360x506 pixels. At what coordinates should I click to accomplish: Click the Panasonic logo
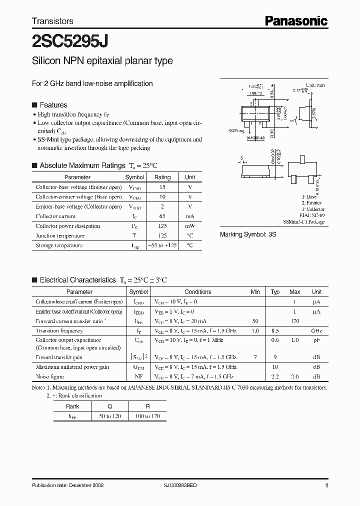[295, 20]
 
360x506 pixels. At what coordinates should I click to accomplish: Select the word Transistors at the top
[52, 21]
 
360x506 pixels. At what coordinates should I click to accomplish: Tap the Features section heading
[53, 105]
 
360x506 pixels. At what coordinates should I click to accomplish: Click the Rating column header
[162, 177]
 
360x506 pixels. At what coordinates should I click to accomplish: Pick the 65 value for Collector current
[162, 216]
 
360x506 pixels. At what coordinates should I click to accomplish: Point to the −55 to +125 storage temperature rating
[162, 245]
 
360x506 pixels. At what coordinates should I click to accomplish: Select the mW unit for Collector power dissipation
[190, 226]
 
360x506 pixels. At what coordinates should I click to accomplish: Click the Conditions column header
[197, 292]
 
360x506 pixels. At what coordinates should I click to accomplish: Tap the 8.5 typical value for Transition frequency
[275, 331]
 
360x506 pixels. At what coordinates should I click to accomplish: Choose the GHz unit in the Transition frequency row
[316, 331]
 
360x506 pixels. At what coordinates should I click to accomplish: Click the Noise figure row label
[50, 376]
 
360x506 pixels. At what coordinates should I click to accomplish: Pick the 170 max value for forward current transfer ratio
[294, 321]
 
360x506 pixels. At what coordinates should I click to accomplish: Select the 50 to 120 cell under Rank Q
[109, 416]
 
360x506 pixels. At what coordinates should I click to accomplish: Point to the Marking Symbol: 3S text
[248, 234]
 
